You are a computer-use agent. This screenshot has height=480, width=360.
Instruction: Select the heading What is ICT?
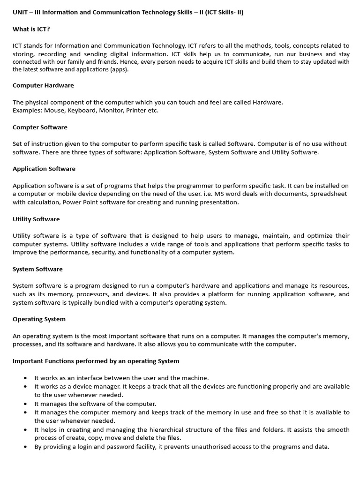point(31,29)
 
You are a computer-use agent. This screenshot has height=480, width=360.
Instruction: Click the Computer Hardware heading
point(43,85)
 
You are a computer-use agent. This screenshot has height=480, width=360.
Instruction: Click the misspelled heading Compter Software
point(40,127)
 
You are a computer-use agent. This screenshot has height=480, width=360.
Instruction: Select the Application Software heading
point(44,168)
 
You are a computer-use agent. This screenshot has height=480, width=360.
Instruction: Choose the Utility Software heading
point(36,219)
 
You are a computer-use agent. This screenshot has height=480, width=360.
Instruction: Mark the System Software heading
point(37,269)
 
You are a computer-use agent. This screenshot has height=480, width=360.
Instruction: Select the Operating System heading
point(39,319)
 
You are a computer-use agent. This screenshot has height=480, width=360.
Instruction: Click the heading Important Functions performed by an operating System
point(96,361)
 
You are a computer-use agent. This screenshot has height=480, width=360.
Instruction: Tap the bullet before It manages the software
point(25,404)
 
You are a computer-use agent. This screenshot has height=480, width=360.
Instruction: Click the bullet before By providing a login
point(25,447)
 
